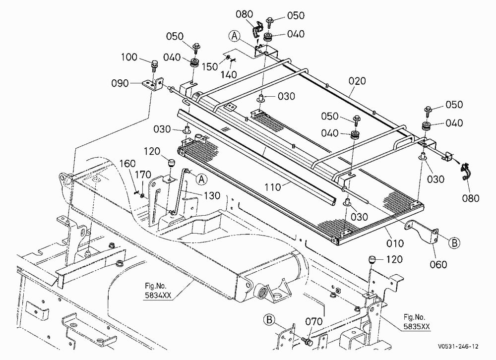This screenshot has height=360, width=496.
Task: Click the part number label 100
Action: click(x=129, y=57)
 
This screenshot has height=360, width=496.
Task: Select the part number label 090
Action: click(x=120, y=83)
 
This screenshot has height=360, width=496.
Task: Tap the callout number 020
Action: click(x=357, y=81)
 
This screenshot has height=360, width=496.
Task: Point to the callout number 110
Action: click(x=273, y=187)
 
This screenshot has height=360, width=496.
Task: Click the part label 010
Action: click(x=395, y=243)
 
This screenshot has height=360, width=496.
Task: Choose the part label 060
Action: click(x=438, y=264)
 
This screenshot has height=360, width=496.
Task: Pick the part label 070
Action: click(x=314, y=321)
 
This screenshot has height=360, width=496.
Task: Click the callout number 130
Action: click(x=212, y=195)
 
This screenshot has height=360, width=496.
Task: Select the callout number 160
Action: click(x=127, y=164)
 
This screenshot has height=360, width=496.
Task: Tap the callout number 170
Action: click(x=143, y=175)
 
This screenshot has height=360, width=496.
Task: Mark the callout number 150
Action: click(x=210, y=67)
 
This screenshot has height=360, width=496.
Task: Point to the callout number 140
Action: click(x=228, y=75)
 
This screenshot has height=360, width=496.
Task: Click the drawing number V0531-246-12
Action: click(x=458, y=347)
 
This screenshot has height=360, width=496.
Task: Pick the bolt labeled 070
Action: click(x=307, y=342)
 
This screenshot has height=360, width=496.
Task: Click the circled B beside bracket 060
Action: click(x=454, y=242)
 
